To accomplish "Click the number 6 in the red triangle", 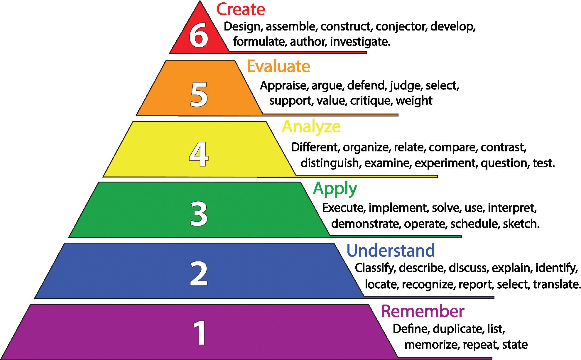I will tap(199, 36).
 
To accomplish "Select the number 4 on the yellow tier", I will tap(199, 155).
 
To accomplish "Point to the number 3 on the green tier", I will tap(199, 214).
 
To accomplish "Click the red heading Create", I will tap(241, 9).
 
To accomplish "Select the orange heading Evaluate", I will tap(278, 66).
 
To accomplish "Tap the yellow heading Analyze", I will tap(311, 127).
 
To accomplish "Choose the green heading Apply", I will tap(335, 188).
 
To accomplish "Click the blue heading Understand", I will tap(391, 250).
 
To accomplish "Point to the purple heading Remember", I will tap(423, 311).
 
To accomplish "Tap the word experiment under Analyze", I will tap(445, 163).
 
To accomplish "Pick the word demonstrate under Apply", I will tap(366, 224).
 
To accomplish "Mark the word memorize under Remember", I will tap(431, 345).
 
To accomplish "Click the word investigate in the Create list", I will tap(360, 42).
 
